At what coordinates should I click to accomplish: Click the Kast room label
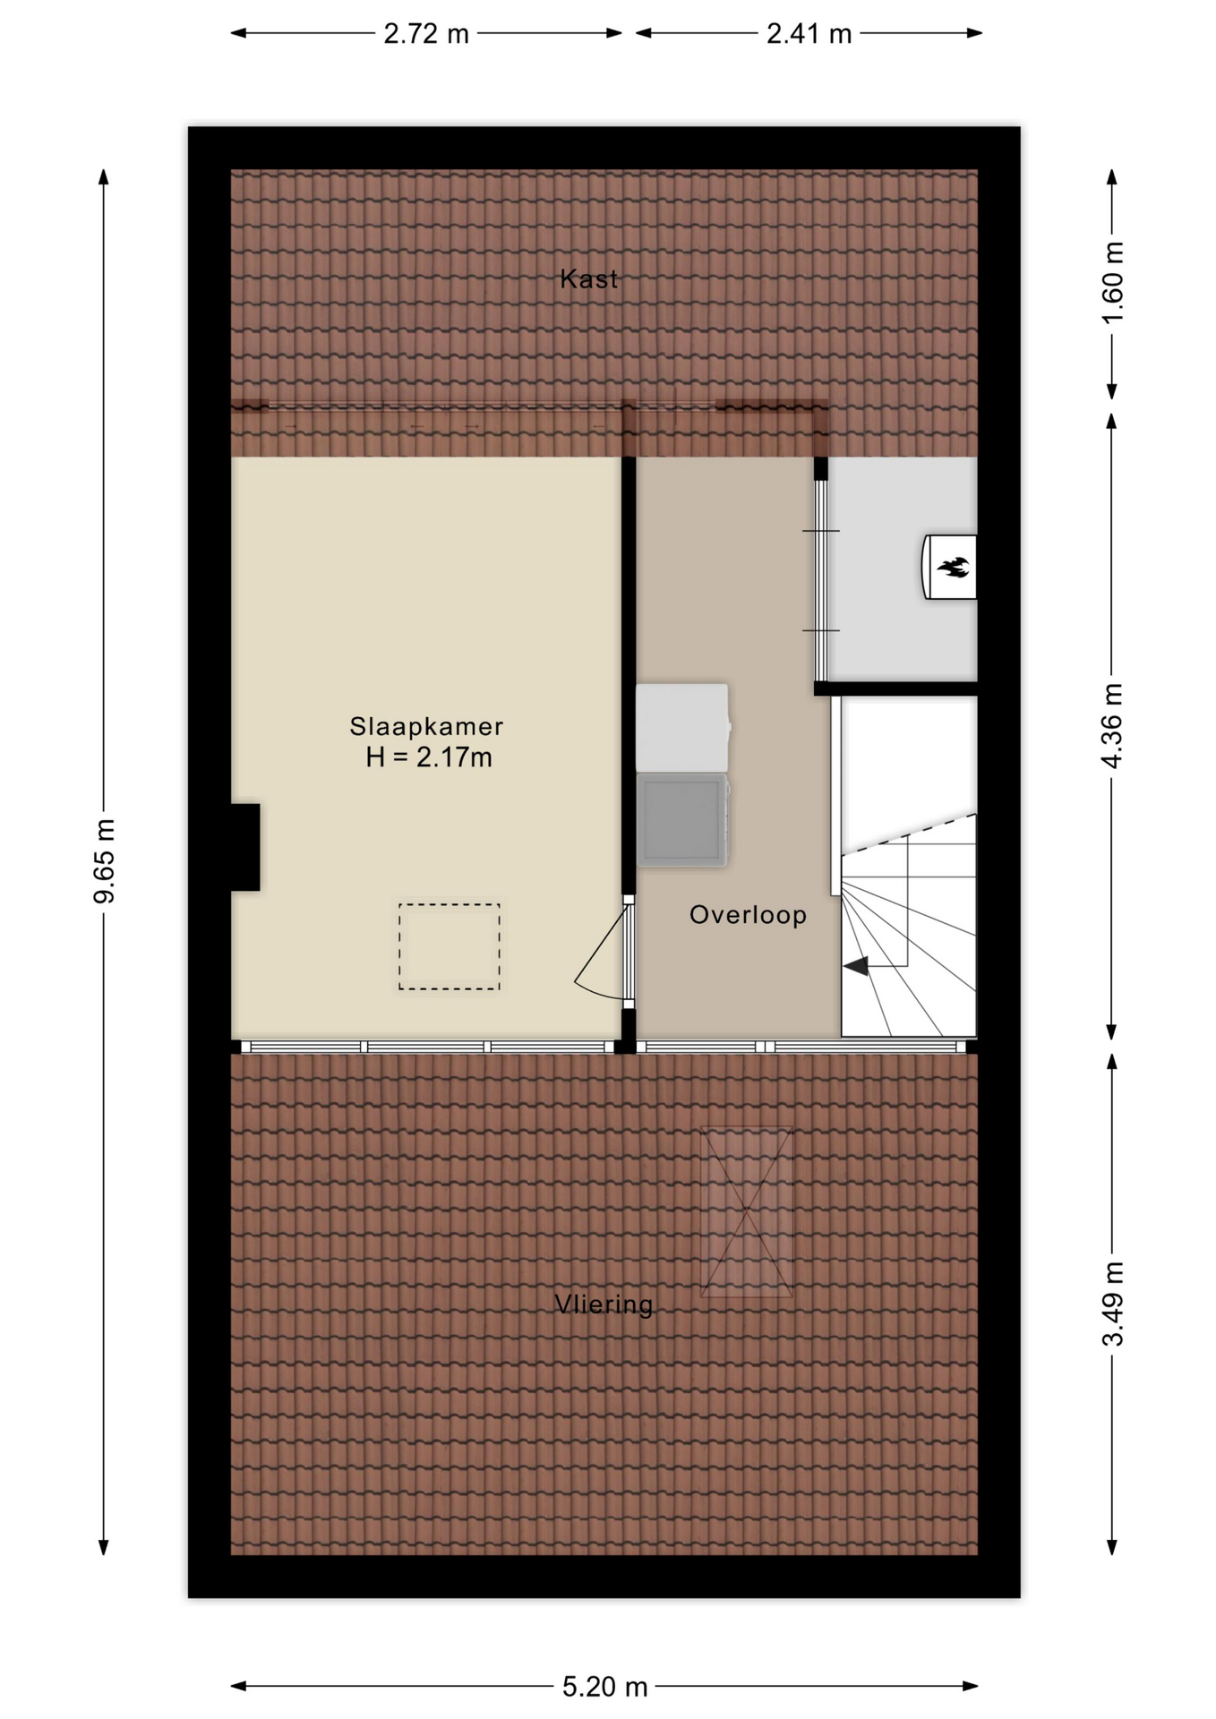(588, 279)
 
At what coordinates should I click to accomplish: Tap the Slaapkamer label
(426, 726)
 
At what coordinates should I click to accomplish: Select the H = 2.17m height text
(429, 757)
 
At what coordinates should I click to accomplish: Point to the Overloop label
(748, 915)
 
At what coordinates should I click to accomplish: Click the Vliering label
(604, 1304)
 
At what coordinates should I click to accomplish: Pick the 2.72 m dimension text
(426, 34)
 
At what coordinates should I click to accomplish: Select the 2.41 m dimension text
(809, 34)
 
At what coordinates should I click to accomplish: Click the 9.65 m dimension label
(105, 861)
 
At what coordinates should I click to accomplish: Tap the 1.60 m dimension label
(1112, 283)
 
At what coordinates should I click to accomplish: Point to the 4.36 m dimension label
(1112, 726)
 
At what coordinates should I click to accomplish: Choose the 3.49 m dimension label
(1112, 1304)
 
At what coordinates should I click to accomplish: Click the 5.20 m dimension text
(604, 1687)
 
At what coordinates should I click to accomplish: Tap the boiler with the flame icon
(949, 567)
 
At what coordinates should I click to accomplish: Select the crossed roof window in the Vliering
(747, 1211)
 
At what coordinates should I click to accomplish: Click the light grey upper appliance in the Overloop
(682, 728)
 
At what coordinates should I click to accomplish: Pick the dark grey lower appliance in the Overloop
(682, 820)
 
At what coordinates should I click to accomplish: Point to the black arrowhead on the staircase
(856, 966)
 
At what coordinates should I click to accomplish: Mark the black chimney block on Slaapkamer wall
(245, 847)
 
